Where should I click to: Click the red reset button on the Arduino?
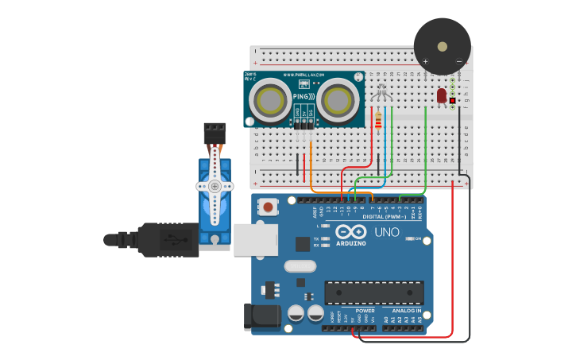coord(269,207)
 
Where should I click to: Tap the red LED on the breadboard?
coord(441,95)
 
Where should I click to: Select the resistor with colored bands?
coord(377,120)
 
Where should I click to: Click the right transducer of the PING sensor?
coord(336,101)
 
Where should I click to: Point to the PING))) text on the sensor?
coord(303,97)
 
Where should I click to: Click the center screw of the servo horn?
coord(214,186)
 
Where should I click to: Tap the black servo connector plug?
coord(215,132)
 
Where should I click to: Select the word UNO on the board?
coord(387,232)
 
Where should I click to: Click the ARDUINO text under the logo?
coord(351,243)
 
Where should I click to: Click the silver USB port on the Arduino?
coord(255,239)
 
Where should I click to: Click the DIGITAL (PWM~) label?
coord(383,216)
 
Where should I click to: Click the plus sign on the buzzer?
coord(426,61)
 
